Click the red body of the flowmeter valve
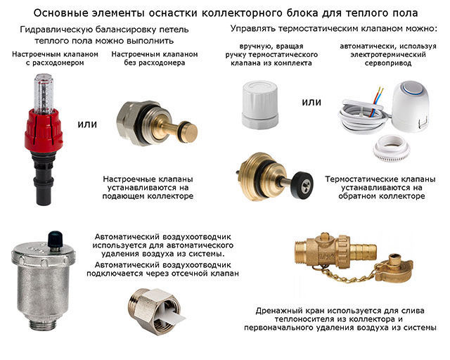(x=44, y=130)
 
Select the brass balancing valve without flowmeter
(x=157, y=123)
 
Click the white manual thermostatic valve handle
(x=260, y=104)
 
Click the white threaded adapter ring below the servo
(x=391, y=148)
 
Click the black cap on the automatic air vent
(x=56, y=239)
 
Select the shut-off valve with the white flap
(x=155, y=311)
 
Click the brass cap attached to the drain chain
(x=395, y=267)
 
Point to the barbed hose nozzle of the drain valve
(x=363, y=252)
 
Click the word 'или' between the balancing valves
(x=87, y=124)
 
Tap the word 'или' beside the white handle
(x=311, y=102)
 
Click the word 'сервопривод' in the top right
(x=388, y=63)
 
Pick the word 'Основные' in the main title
(x=54, y=13)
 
